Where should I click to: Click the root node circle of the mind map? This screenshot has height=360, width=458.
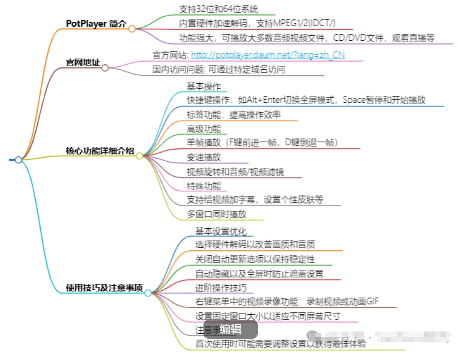19,160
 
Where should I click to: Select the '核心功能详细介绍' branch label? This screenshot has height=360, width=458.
100,151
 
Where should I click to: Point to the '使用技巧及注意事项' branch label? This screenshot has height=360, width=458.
104,288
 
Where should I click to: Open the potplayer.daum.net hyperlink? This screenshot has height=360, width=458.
268,55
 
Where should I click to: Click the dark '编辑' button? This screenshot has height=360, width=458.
230,329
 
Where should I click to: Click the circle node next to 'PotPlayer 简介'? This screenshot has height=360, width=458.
132,29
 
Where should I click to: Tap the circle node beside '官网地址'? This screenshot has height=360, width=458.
105,68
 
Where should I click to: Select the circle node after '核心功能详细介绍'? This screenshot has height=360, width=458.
140,156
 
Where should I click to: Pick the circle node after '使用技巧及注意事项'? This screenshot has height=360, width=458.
148,293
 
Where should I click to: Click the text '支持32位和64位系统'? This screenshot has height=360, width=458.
219,9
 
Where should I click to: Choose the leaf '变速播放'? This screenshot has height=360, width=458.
204,157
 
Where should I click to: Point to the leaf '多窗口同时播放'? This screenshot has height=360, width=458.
217,214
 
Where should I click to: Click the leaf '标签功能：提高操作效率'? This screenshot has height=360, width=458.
234,115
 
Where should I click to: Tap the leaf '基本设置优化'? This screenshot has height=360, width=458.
221,231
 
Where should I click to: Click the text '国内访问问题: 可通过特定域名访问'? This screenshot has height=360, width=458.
219,69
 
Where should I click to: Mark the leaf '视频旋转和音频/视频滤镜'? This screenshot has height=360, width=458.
236,172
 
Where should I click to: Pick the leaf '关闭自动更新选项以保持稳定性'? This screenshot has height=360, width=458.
255,259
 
